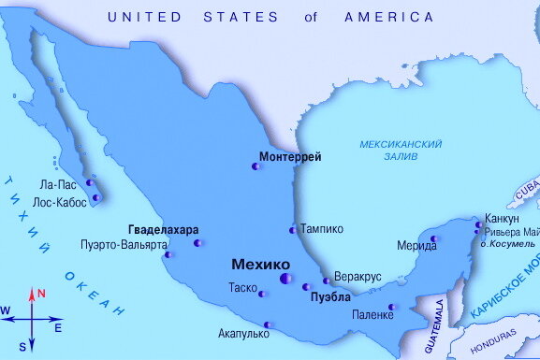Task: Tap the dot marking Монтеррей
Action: [x=255, y=167]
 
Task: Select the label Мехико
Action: [x=255, y=265]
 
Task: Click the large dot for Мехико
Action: [x=285, y=279]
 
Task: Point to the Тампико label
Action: [x=321, y=229]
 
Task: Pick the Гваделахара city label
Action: [x=163, y=230]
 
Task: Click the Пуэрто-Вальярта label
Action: [x=121, y=246]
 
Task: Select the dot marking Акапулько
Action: [x=268, y=325]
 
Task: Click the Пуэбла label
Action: [x=330, y=297]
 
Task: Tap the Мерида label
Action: [x=416, y=245]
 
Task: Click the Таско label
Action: [x=243, y=288]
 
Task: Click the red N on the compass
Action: [x=41, y=294]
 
